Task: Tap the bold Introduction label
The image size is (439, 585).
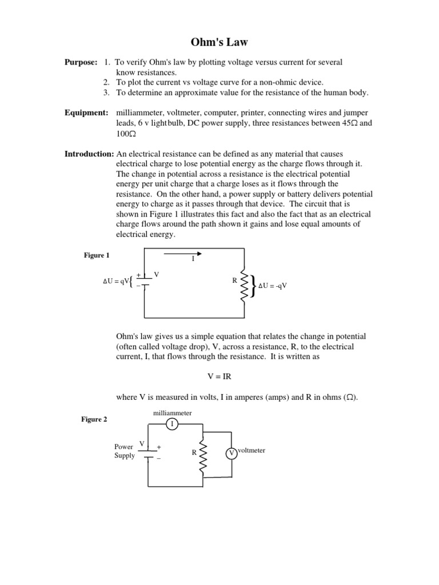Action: [89, 154]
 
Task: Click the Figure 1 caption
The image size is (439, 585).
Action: [96, 255]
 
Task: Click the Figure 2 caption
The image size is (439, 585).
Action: [94, 419]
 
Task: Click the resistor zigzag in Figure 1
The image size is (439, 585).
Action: [245, 284]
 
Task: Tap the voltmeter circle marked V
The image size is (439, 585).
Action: [231, 454]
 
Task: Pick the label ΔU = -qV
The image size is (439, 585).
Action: [272, 286]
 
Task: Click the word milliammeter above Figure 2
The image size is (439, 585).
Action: [172, 412]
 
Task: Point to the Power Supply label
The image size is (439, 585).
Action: [125, 451]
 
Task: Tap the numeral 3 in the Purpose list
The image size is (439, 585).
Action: [106, 93]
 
